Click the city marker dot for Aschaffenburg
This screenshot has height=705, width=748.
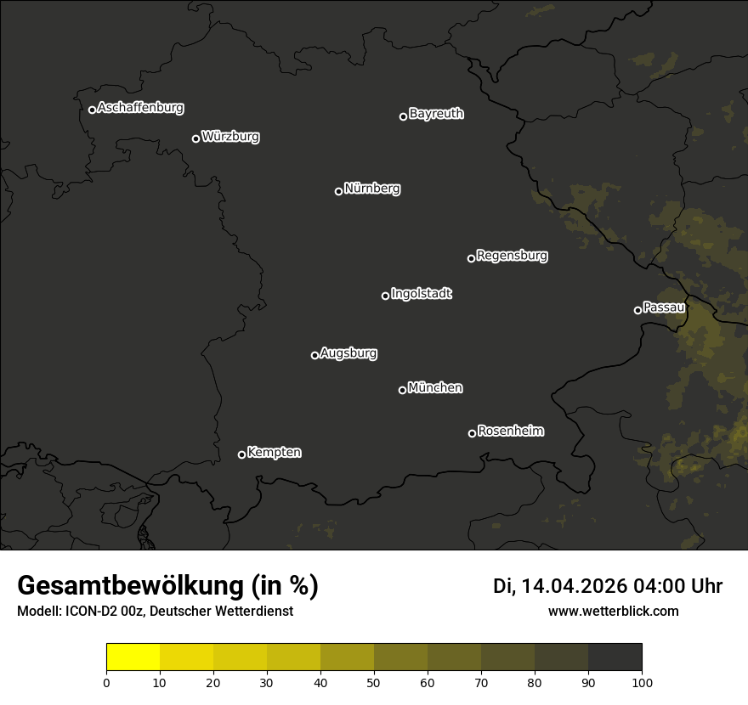pyautogui.click(x=92, y=110)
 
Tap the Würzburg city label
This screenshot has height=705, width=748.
pyautogui.click(x=230, y=137)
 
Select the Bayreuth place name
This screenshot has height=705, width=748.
pyautogui.click(x=436, y=114)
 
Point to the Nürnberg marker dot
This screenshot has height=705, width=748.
pyautogui.click(x=338, y=191)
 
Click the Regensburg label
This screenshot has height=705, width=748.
pyautogui.click(x=512, y=256)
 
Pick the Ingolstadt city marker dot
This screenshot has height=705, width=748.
pyautogui.click(x=385, y=296)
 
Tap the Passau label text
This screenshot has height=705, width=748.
pyautogui.click(x=664, y=307)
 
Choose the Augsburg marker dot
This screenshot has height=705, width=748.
pyautogui.click(x=314, y=355)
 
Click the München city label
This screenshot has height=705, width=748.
pyautogui.click(x=435, y=388)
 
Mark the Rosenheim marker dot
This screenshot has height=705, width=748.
pyautogui.click(x=472, y=434)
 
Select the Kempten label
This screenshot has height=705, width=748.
pyautogui.click(x=274, y=453)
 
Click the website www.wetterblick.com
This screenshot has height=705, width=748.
pyautogui.click(x=613, y=611)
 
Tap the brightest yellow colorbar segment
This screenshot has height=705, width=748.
pyautogui.click(x=133, y=657)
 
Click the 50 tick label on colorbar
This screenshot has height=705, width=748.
pyautogui.click(x=374, y=682)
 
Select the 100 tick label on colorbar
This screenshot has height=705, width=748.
pyautogui.click(x=642, y=682)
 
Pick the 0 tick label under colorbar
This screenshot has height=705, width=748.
pyautogui.click(x=106, y=682)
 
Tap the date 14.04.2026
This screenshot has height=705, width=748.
pyautogui.click(x=574, y=586)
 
